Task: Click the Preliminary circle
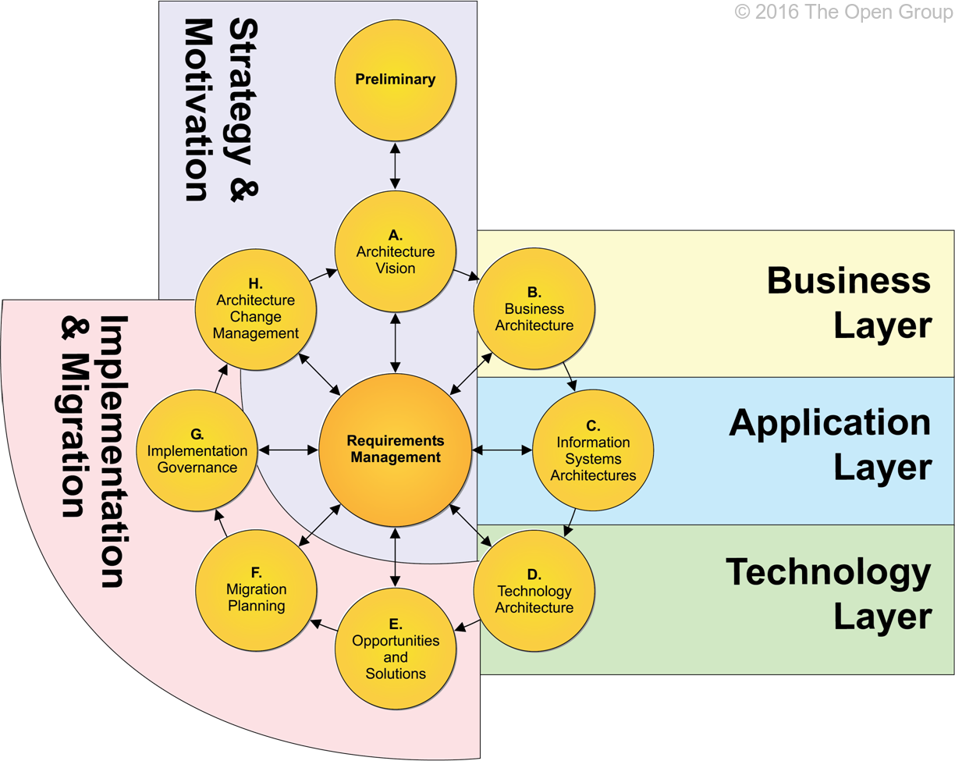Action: pyautogui.click(x=395, y=79)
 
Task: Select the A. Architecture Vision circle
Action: pyautogui.click(x=395, y=251)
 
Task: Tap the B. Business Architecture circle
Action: pyautogui.click(x=534, y=308)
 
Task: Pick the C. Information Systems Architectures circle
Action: pyautogui.click(x=593, y=450)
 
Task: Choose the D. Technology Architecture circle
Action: pyautogui.click(x=534, y=591)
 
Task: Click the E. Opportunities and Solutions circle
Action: pyautogui.click(x=395, y=648)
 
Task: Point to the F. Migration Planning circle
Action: pyautogui.click(x=256, y=589)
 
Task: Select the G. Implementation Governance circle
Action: pyautogui.click(x=197, y=450)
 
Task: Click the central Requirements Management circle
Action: pyautogui.click(x=395, y=450)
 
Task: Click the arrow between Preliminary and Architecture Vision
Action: pyautogui.click(x=395, y=165)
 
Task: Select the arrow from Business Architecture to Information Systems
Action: pyautogui.click(x=569, y=377)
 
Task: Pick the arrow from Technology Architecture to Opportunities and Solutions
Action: pyautogui.click(x=467, y=624)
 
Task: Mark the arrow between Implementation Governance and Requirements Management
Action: pyautogui.click(x=288, y=450)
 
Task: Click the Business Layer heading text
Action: pyautogui.click(x=848, y=303)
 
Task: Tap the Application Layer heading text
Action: pyautogui.click(x=830, y=445)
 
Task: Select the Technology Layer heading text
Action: pyautogui.click(x=829, y=593)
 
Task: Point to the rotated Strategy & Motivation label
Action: pyautogui.click(x=221, y=111)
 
